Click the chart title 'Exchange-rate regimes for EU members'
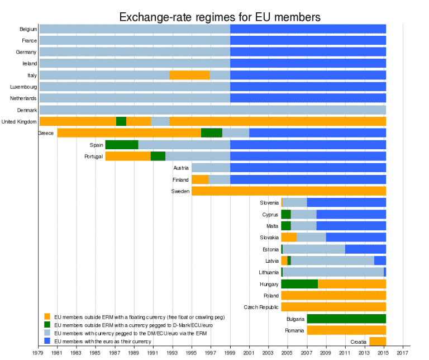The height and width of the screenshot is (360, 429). point(220,17)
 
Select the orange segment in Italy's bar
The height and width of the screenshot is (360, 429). point(189,75)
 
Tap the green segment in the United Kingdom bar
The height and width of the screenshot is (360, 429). point(121,121)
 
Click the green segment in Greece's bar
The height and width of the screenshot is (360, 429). point(211,132)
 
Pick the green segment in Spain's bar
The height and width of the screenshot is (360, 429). point(121,145)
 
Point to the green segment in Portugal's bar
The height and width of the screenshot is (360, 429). point(158,156)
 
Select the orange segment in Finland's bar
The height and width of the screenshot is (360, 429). point(200,179)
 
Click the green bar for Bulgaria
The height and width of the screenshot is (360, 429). point(346,319)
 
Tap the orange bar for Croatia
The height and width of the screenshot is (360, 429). point(378,342)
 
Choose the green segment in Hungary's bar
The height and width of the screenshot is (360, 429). point(299,284)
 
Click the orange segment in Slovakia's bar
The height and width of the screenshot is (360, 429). point(289,237)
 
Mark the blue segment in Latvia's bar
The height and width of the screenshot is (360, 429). point(380,260)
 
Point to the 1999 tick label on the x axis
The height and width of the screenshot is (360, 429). point(230,353)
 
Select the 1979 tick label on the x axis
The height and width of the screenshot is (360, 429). point(39,353)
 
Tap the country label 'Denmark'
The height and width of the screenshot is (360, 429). point(27,110)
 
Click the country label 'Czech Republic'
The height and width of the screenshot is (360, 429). point(261,307)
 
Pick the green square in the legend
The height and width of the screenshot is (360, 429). point(47,325)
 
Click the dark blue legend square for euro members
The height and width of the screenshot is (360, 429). point(47,340)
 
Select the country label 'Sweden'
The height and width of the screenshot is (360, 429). point(180,191)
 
